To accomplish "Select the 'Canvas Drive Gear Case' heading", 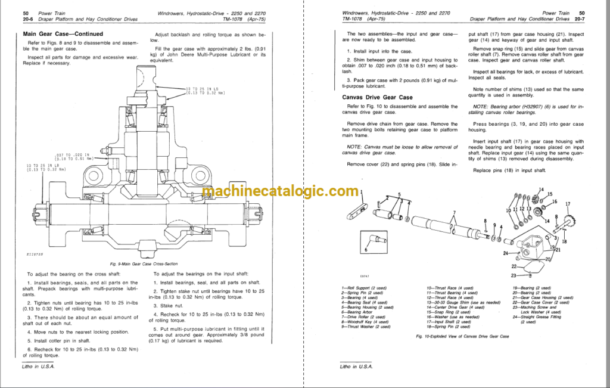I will pos(377,97).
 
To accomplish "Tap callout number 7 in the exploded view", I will pos(453,213).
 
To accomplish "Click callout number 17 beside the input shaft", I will pos(567,204).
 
